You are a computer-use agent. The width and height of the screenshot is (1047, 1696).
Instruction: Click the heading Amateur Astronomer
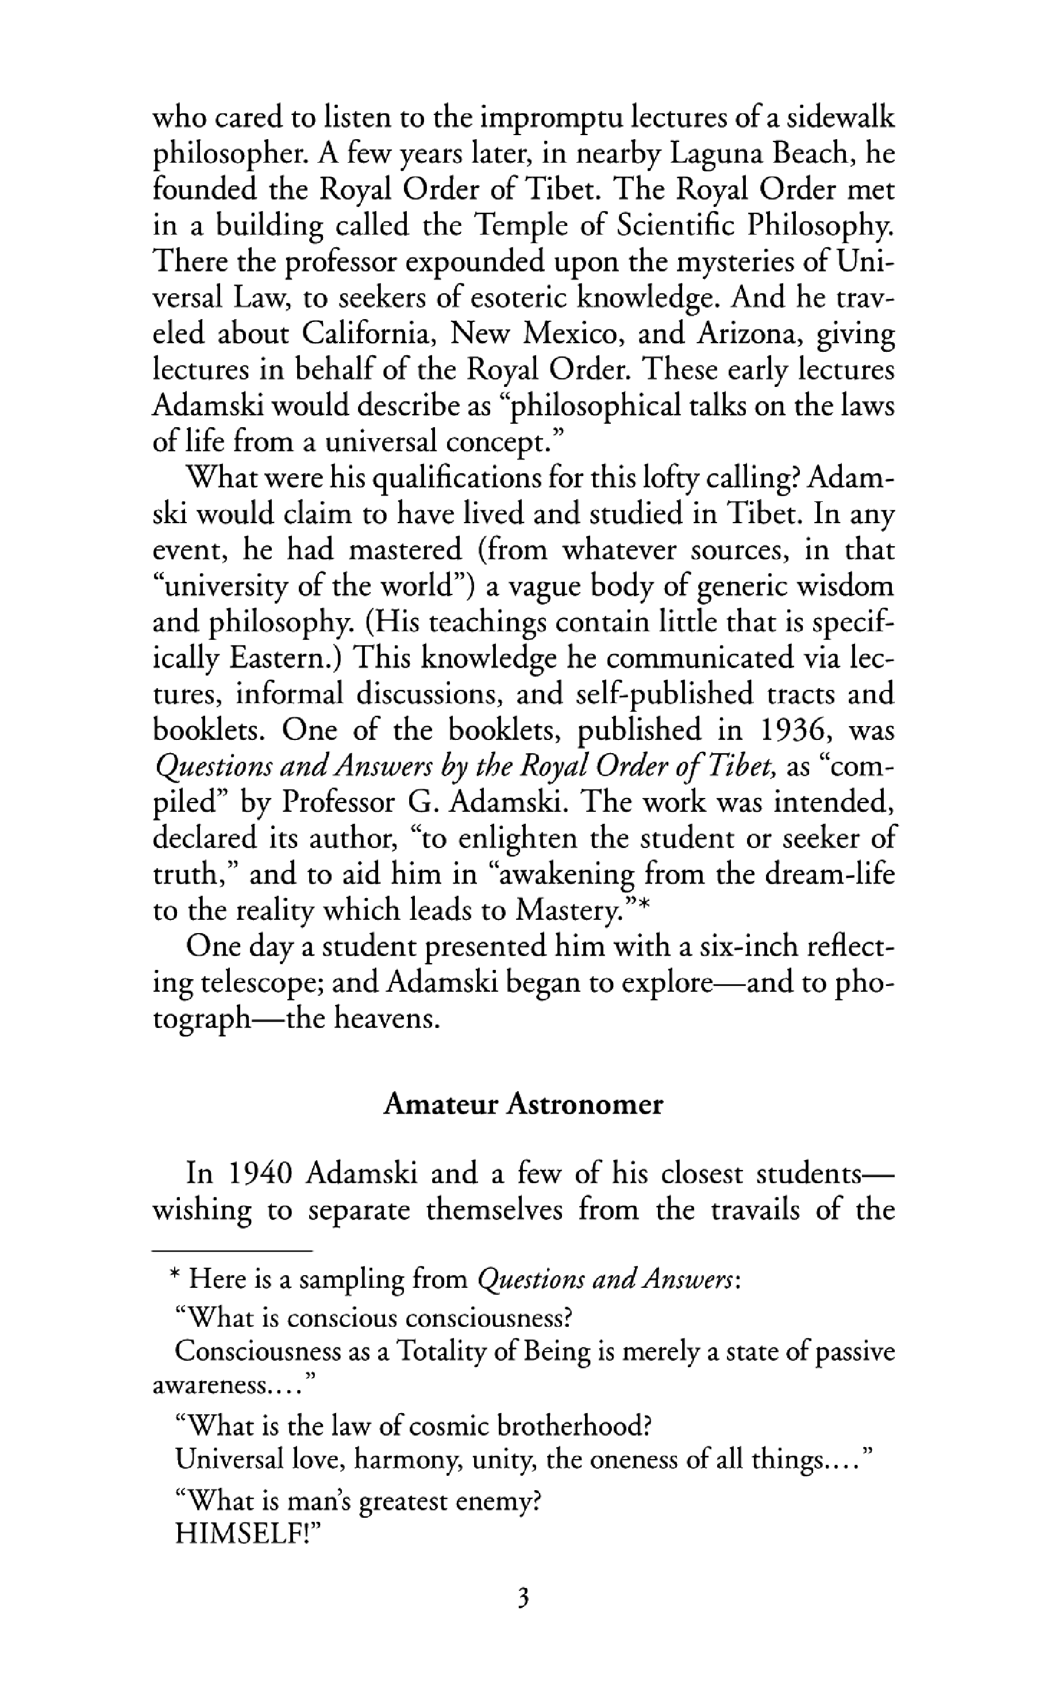point(523,1104)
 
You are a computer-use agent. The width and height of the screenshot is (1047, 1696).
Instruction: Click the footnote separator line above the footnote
point(232,1250)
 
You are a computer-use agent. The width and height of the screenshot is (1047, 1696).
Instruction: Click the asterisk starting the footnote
point(175,1276)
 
